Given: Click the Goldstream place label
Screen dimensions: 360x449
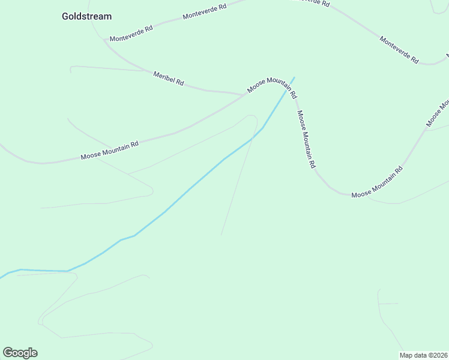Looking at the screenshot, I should [86, 16].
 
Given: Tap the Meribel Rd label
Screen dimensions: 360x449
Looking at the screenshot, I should [168, 78].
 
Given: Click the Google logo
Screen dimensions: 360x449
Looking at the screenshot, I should [20, 353].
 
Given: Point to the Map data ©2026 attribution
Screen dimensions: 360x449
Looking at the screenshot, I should [424, 355].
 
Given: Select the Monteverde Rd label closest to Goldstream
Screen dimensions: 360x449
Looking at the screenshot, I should [131, 33].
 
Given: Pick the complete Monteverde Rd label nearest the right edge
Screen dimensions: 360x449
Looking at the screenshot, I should [399, 49].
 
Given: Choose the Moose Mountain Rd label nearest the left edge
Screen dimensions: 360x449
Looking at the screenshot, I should [110, 150].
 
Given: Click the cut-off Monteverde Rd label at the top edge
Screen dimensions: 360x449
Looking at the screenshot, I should [310, 2].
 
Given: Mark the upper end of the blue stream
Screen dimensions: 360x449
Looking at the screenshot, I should [294, 77].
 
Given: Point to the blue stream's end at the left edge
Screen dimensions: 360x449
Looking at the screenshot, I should [1, 277].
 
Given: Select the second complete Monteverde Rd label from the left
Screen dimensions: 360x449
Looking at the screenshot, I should [205, 11].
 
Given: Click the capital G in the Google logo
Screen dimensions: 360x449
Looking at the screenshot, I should [8, 353].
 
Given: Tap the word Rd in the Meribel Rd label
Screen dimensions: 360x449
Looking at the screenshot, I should [179, 82].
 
